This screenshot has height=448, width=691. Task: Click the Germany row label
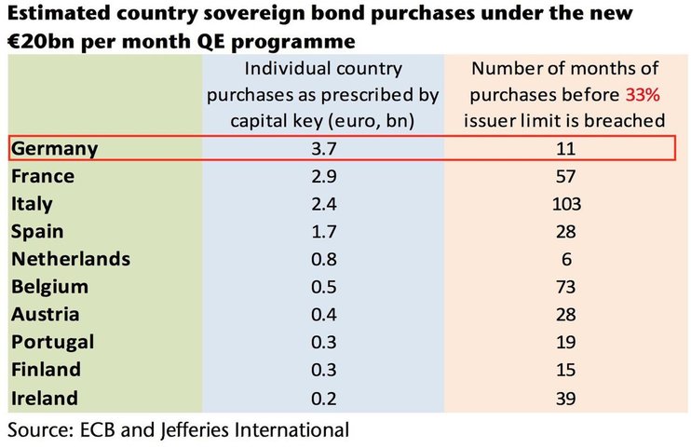(54, 149)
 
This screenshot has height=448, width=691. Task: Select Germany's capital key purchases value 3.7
(324, 149)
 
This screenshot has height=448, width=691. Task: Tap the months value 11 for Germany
(566, 149)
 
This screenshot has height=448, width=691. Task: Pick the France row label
(43, 176)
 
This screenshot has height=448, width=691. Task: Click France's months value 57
(566, 176)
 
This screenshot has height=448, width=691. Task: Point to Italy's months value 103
(567, 204)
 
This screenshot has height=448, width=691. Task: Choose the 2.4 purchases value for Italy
(324, 204)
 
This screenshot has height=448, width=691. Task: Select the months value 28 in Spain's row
(566, 232)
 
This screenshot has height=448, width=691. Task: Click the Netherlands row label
(71, 259)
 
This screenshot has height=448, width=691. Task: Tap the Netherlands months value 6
(567, 259)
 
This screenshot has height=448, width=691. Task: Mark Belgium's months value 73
(566, 287)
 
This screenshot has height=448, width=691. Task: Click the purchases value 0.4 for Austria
(324, 315)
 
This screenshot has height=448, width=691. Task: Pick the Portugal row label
(52, 343)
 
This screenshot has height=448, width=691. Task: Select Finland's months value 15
(566, 370)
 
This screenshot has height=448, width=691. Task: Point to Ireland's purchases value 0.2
(324, 399)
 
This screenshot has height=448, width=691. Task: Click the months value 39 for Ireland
(566, 399)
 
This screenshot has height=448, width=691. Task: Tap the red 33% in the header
(643, 94)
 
